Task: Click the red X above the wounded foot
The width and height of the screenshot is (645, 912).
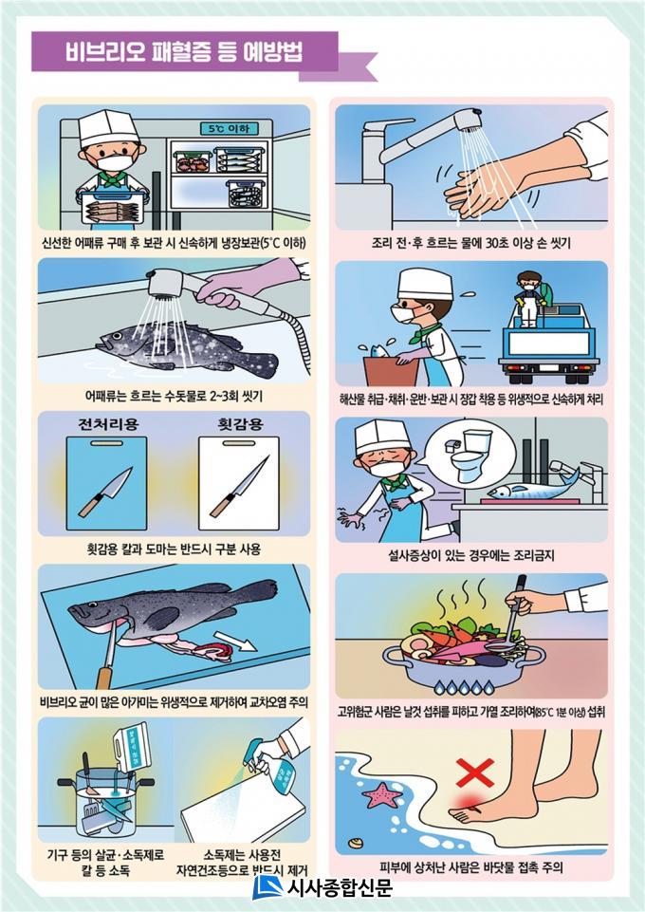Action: (475, 772)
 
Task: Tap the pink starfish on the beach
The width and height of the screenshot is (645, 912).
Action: (381, 794)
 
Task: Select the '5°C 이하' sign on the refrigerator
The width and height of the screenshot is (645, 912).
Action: (229, 128)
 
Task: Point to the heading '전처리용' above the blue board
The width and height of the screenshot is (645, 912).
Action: (109, 424)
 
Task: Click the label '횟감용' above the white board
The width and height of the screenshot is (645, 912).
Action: (241, 424)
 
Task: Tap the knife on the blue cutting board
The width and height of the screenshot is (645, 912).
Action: (105, 492)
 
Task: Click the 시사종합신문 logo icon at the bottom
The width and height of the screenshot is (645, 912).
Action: (267, 887)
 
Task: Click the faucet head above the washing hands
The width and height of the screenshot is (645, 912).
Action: (468, 120)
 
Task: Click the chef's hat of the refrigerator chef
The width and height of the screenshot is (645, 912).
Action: (108, 127)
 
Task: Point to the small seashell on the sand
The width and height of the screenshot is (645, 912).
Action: (356, 843)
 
